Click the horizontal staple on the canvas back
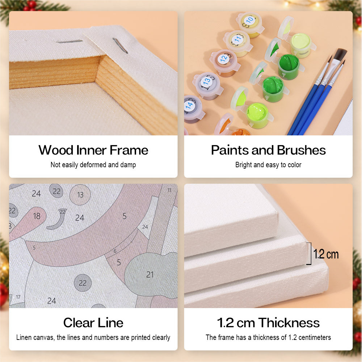(x=70, y=42)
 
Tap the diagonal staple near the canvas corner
(x=120, y=46)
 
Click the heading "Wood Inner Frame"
(x=93, y=150)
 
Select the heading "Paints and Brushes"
(x=268, y=150)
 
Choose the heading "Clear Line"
(x=93, y=323)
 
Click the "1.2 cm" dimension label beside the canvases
(x=326, y=254)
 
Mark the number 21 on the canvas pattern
(x=150, y=274)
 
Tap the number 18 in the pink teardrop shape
(x=37, y=216)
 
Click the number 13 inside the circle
(x=80, y=195)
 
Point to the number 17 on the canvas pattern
(x=18, y=297)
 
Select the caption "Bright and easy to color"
(x=268, y=165)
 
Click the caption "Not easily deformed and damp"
(x=93, y=165)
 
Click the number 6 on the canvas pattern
(x=115, y=251)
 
